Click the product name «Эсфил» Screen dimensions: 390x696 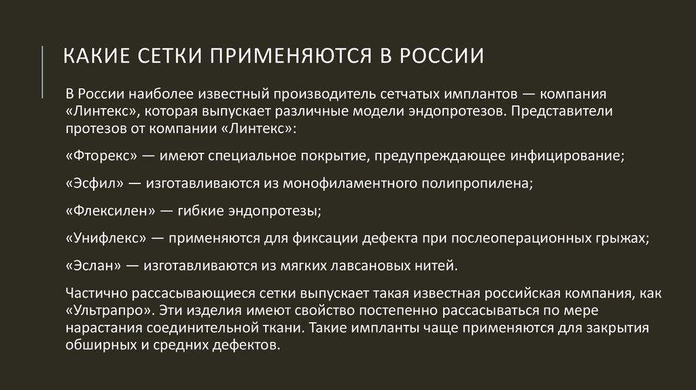tap(95, 183)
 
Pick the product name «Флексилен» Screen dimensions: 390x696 tap(111, 211)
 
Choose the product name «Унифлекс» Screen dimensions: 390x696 tap(107, 238)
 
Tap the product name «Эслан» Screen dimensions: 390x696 tap(94, 266)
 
